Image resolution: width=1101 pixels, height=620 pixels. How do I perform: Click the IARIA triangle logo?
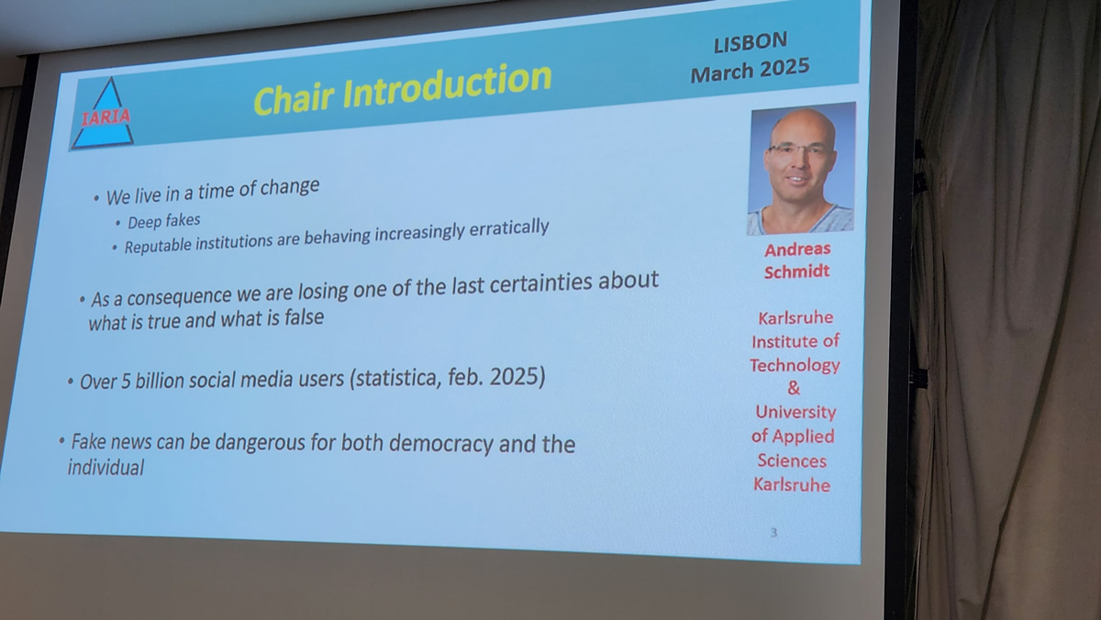[x=103, y=115]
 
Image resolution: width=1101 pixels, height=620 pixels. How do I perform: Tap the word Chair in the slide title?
[x=295, y=98]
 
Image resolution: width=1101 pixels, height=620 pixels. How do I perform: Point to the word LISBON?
[x=751, y=42]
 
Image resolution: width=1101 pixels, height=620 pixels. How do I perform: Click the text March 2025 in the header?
[x=751, y=71]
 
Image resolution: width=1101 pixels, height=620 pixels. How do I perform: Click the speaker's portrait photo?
[x=801, y=169]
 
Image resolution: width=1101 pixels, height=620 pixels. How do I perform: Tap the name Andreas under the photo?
[x=797, y=249]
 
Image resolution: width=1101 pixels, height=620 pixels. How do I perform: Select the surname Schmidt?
[x=796, y=271]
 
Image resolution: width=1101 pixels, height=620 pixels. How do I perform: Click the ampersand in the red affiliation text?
[x=794, y=388]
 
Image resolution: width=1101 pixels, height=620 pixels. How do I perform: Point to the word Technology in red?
[x=795, y=365]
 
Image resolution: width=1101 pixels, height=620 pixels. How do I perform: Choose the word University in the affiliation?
[x=795, y=412]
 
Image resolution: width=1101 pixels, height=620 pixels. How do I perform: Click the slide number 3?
[x=773, y=533]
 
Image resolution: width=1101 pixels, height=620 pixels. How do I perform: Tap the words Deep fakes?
[x=163, y=221]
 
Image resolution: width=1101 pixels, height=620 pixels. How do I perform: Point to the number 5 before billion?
[x=126, y=382]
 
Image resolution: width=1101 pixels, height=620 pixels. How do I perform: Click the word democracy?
[x=441, y=444]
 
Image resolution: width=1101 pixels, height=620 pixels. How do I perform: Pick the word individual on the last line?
[x=106, y=467]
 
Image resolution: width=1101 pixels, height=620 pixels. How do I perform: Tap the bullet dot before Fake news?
[x=61, y=440]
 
